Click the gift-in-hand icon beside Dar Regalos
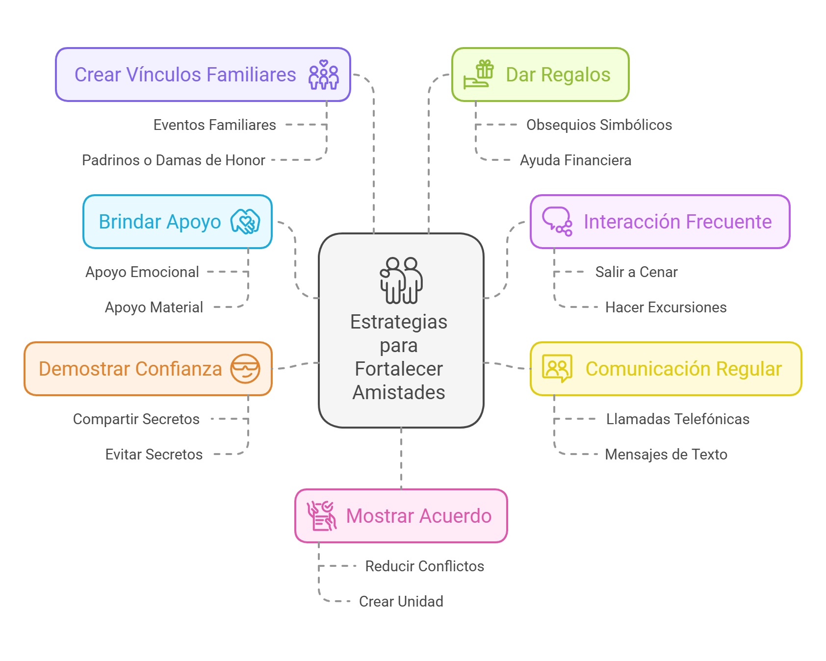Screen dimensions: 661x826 (x=479, y=75)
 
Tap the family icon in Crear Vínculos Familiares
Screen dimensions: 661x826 (x=323, y=75)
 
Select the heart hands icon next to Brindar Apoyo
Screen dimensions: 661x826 (x=245, y=222)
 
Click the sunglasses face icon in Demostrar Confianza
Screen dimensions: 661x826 (x=245, y=369)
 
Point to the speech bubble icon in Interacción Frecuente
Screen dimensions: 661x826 (x=557, y=222)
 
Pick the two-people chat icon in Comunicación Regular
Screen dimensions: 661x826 (x=557, y=369)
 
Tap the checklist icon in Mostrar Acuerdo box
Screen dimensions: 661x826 (x=322, y=516)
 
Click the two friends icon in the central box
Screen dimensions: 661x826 (x=401, y=280)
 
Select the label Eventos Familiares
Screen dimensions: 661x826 (x=214, y=125)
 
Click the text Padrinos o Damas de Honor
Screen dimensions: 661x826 (x=173, y=160)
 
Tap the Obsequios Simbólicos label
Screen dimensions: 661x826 (x=599, y=125)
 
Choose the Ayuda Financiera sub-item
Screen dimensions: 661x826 (x=575, y=160)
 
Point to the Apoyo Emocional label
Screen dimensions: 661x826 (x=142, y=272)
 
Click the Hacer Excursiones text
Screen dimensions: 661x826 (x=666, y=307)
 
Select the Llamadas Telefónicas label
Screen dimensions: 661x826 (x=677, y=419)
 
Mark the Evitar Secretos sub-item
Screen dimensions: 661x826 (x=154, y=455)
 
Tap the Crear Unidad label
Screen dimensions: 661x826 (x=401, y=602)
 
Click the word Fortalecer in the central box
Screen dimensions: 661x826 (x=399, y=369)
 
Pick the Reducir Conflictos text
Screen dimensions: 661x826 (x=424, y=566)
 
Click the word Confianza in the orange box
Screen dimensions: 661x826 (x=179, y=369)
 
